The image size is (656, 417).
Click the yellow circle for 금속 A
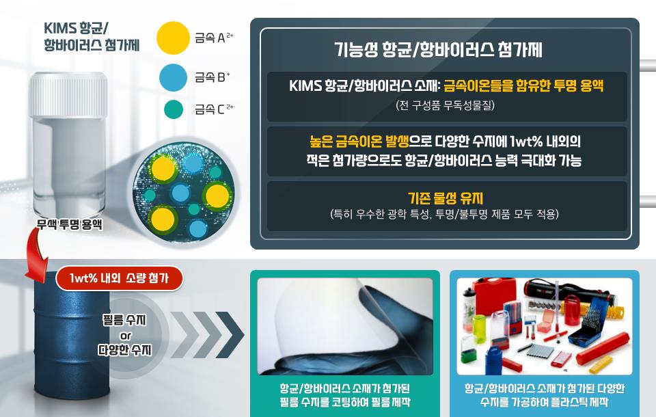click(173, 38)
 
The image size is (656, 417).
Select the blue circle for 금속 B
click(174, 77)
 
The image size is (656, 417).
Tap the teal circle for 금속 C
click(174, 109)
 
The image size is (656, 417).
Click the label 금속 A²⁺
click(214, 38)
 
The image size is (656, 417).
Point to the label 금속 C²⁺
click(214, 109)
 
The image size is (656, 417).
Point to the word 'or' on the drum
click(125, 335)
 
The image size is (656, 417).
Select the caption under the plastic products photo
click(544, 395)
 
